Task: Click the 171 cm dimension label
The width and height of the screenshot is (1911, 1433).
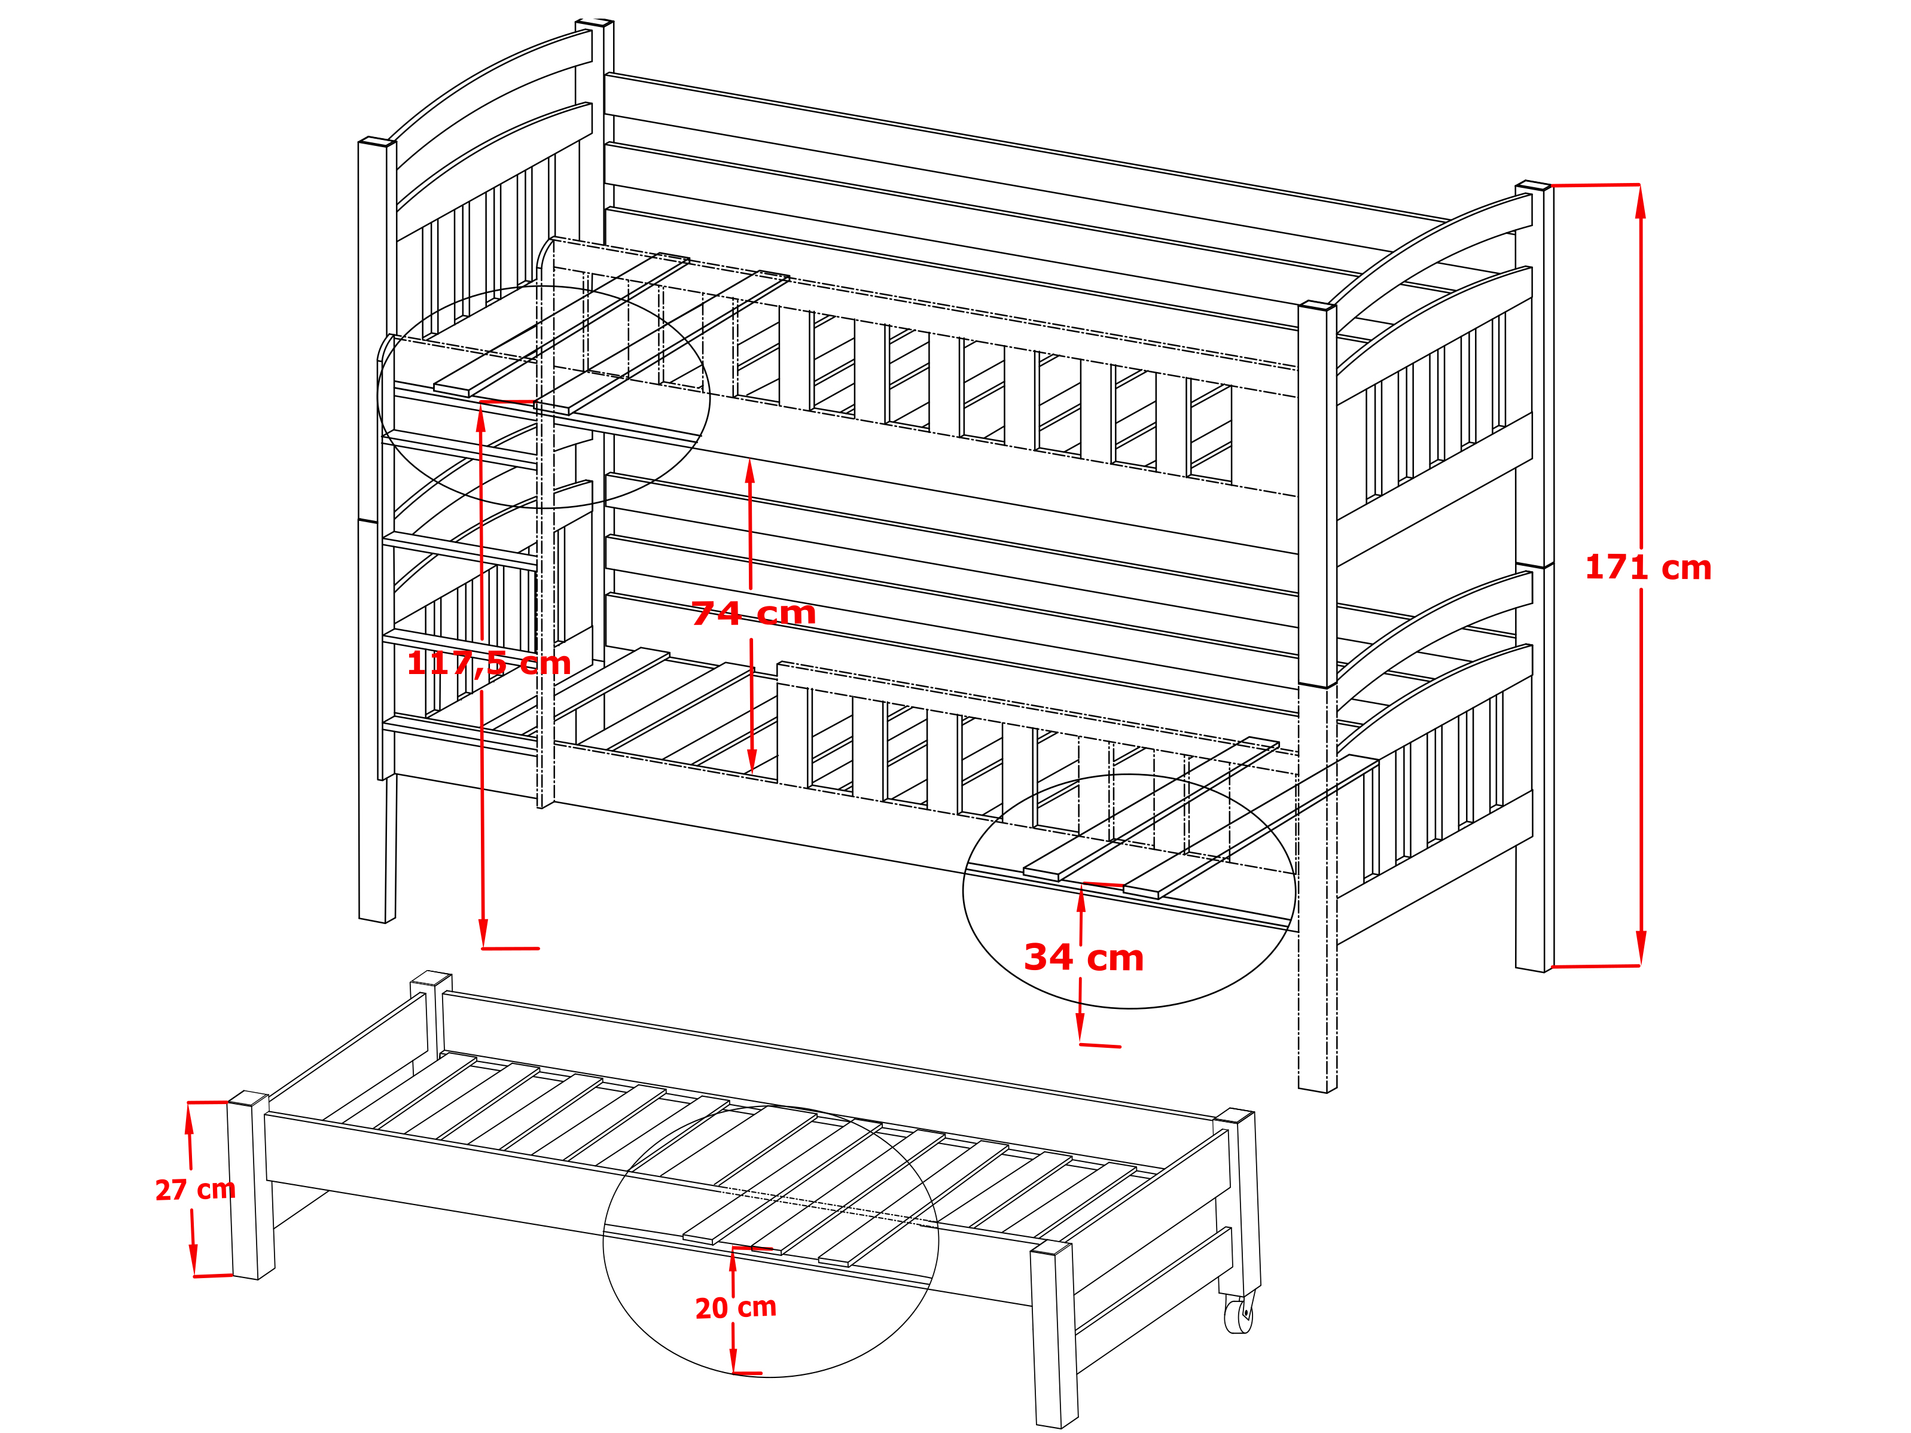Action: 1648,568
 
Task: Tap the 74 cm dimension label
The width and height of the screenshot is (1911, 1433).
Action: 754,613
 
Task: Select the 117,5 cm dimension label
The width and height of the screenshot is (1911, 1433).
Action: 489,663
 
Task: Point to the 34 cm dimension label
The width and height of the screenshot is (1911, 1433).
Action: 1084,957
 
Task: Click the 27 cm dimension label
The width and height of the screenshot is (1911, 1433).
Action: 195,1190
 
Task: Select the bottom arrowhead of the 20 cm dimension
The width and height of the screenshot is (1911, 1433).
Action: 733,1356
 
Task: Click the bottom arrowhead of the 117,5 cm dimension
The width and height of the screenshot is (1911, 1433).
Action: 483,932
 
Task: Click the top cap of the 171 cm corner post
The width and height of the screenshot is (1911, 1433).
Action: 1534,185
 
